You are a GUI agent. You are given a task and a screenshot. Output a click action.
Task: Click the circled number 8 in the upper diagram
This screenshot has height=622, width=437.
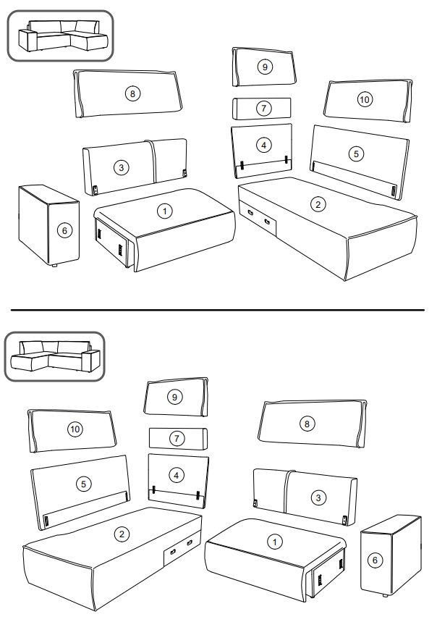click(132, 93)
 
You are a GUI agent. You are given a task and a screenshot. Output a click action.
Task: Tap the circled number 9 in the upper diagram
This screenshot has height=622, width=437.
click(265, 66)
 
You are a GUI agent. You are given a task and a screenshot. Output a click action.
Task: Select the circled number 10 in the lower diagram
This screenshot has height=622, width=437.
click(75, 429)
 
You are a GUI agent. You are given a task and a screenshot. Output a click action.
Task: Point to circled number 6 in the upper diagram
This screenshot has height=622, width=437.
click(64, 230)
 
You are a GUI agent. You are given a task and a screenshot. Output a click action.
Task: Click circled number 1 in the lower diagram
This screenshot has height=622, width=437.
click(274, 542)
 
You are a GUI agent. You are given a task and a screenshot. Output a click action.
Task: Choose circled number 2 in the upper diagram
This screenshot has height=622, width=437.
click(318, 204)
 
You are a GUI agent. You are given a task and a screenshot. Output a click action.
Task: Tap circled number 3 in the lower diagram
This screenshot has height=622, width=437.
click(318, 498)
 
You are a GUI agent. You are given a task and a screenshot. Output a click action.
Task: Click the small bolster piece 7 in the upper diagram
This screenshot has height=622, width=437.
click(261, 109)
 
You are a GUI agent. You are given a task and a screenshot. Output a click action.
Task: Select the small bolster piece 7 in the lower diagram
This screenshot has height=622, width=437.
click(178, 438)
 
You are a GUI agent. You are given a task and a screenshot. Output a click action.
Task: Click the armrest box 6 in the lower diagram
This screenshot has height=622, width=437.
click(391, 555)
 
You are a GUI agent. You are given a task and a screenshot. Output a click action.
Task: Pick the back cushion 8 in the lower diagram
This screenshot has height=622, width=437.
click(313, 424)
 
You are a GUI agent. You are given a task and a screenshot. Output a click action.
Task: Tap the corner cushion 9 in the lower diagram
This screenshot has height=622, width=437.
click(176, 397)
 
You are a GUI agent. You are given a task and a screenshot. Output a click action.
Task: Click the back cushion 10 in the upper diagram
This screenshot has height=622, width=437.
click(368, 101)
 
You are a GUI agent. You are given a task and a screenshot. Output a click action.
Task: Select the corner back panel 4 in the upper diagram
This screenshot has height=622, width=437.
click(262, 151)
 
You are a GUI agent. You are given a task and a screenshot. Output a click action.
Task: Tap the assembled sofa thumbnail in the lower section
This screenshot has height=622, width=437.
click(55, 356)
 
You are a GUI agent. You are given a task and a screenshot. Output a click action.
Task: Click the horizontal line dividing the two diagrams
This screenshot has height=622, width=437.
click(218, 310)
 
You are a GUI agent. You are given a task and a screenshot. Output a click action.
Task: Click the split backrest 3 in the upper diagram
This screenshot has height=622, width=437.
click(135, 167)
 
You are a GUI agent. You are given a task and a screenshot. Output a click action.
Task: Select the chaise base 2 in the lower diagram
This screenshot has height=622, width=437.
click(112, 558)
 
